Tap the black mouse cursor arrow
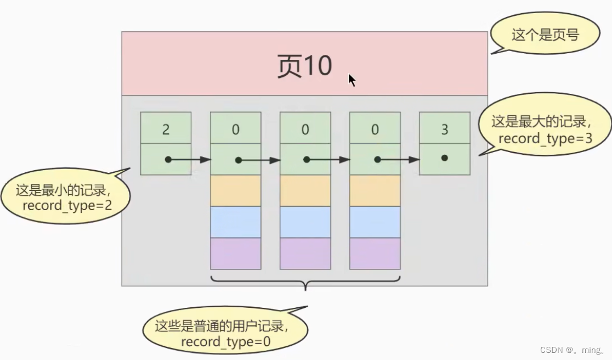coord(352,80)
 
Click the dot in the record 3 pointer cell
coord(444,158)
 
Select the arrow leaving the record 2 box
coord(189,160)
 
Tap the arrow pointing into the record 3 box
coord(399,160)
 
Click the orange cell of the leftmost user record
coord(236,191)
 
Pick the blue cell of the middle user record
coord(305,222)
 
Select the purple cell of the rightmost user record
coord(375,254)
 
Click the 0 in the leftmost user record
coord(236,130)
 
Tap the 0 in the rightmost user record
coord(375,130)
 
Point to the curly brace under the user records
coord(305,283)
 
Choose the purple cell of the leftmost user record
coord(236,254)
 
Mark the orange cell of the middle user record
coord(305,191)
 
